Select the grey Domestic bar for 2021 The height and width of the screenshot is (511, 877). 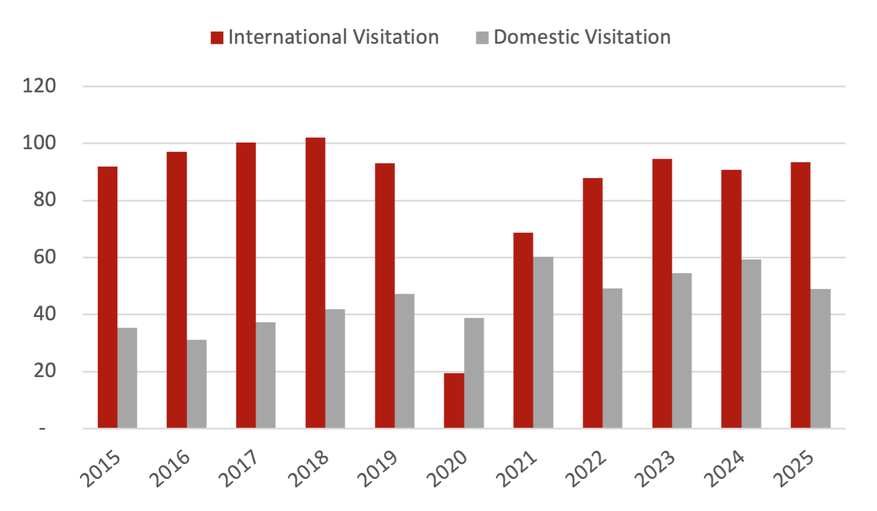(x=543, y=343)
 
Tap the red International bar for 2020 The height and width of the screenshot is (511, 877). (x=453, y=400)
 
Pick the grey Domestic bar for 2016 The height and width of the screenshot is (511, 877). (x=197, y=384)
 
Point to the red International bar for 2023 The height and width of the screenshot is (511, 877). (x=662, y=293)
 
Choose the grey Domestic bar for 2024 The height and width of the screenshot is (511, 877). (x=751, y=343)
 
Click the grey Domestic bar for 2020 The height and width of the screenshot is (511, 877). (x=474, y=373)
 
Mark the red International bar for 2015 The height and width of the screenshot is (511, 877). (x=108, y=297)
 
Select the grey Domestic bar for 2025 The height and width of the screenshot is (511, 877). (x=821, y=359)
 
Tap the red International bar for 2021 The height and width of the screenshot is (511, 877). (x=523, y=330)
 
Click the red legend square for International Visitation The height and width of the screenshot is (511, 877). (x=217, y=38)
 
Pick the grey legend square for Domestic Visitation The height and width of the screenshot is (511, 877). (x=482, y=38)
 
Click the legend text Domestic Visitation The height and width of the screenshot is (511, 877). (x=582, y=37)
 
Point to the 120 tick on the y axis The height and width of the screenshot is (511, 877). (x=39, y=86)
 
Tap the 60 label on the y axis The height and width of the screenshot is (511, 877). (x=45, y=257)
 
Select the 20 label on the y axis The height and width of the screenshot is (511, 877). (x=45, y=371)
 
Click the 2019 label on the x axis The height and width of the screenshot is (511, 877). (x=377, y=469)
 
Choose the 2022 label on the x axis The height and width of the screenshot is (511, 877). (x=586, y=469)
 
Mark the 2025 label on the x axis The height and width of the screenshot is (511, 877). (x=793, y=469)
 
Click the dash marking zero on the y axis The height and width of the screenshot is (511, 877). (x=43, y=429)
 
